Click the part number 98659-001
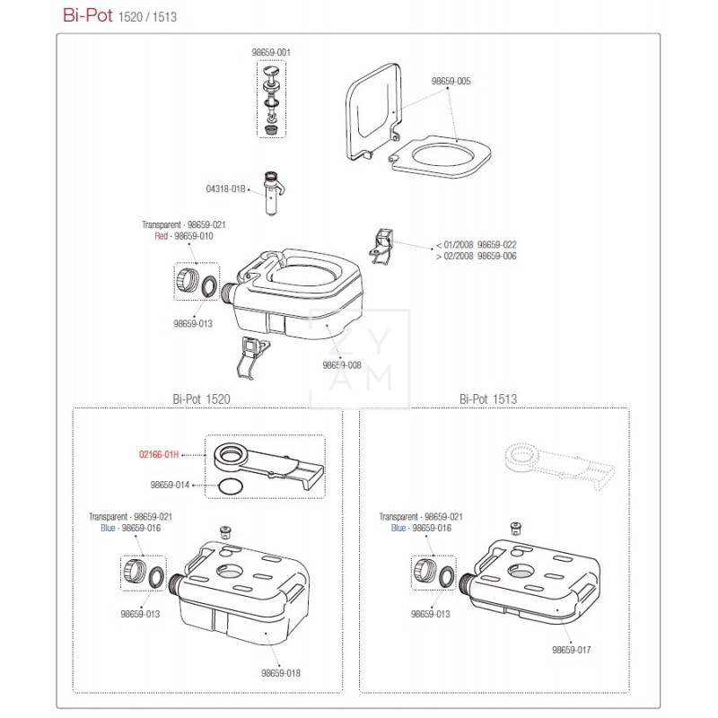click(271, 52)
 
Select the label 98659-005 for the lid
click(451, 81)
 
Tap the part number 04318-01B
click(225, 189)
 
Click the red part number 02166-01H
click(159, 455)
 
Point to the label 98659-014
click(170, 485)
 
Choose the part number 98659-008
click(342, 365)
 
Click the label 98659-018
click(281, 673)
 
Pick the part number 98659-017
click(572, 650)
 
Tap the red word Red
click(162, 236)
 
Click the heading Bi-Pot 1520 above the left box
click(201, 398)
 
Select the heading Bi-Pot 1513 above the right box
click(488, 398)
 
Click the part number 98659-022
click(497, 244)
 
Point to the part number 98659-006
click(497, 256)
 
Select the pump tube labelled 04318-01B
click(273, 194)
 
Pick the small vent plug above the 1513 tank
click(517, 528)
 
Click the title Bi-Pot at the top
click(87, 15)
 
